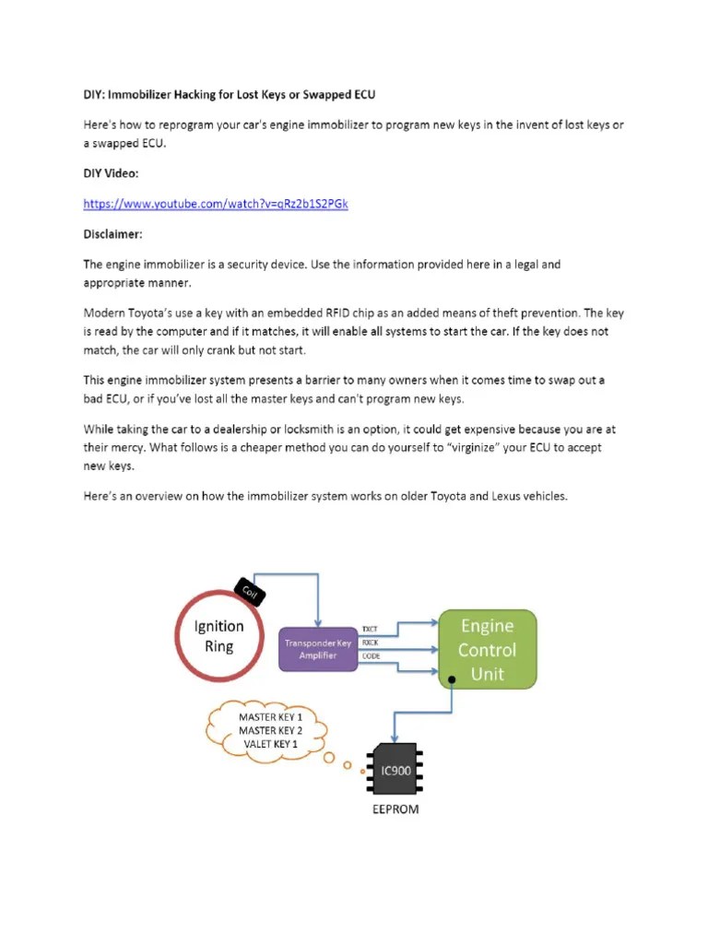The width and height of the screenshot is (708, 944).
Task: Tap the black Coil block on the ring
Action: (x=249, y=591)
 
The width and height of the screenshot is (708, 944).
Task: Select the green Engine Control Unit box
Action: (x=488, y=650)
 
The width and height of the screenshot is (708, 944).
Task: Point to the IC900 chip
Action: (x=395, y=769)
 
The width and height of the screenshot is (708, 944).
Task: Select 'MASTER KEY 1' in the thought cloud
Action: (x=270, y=716)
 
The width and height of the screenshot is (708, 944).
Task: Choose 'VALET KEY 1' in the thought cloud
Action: (x=270, y=743)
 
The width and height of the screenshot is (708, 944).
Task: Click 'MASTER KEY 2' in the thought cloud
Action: (x=270, y=730)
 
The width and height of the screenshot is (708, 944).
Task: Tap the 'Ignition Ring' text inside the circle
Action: (x=218, y=635)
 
